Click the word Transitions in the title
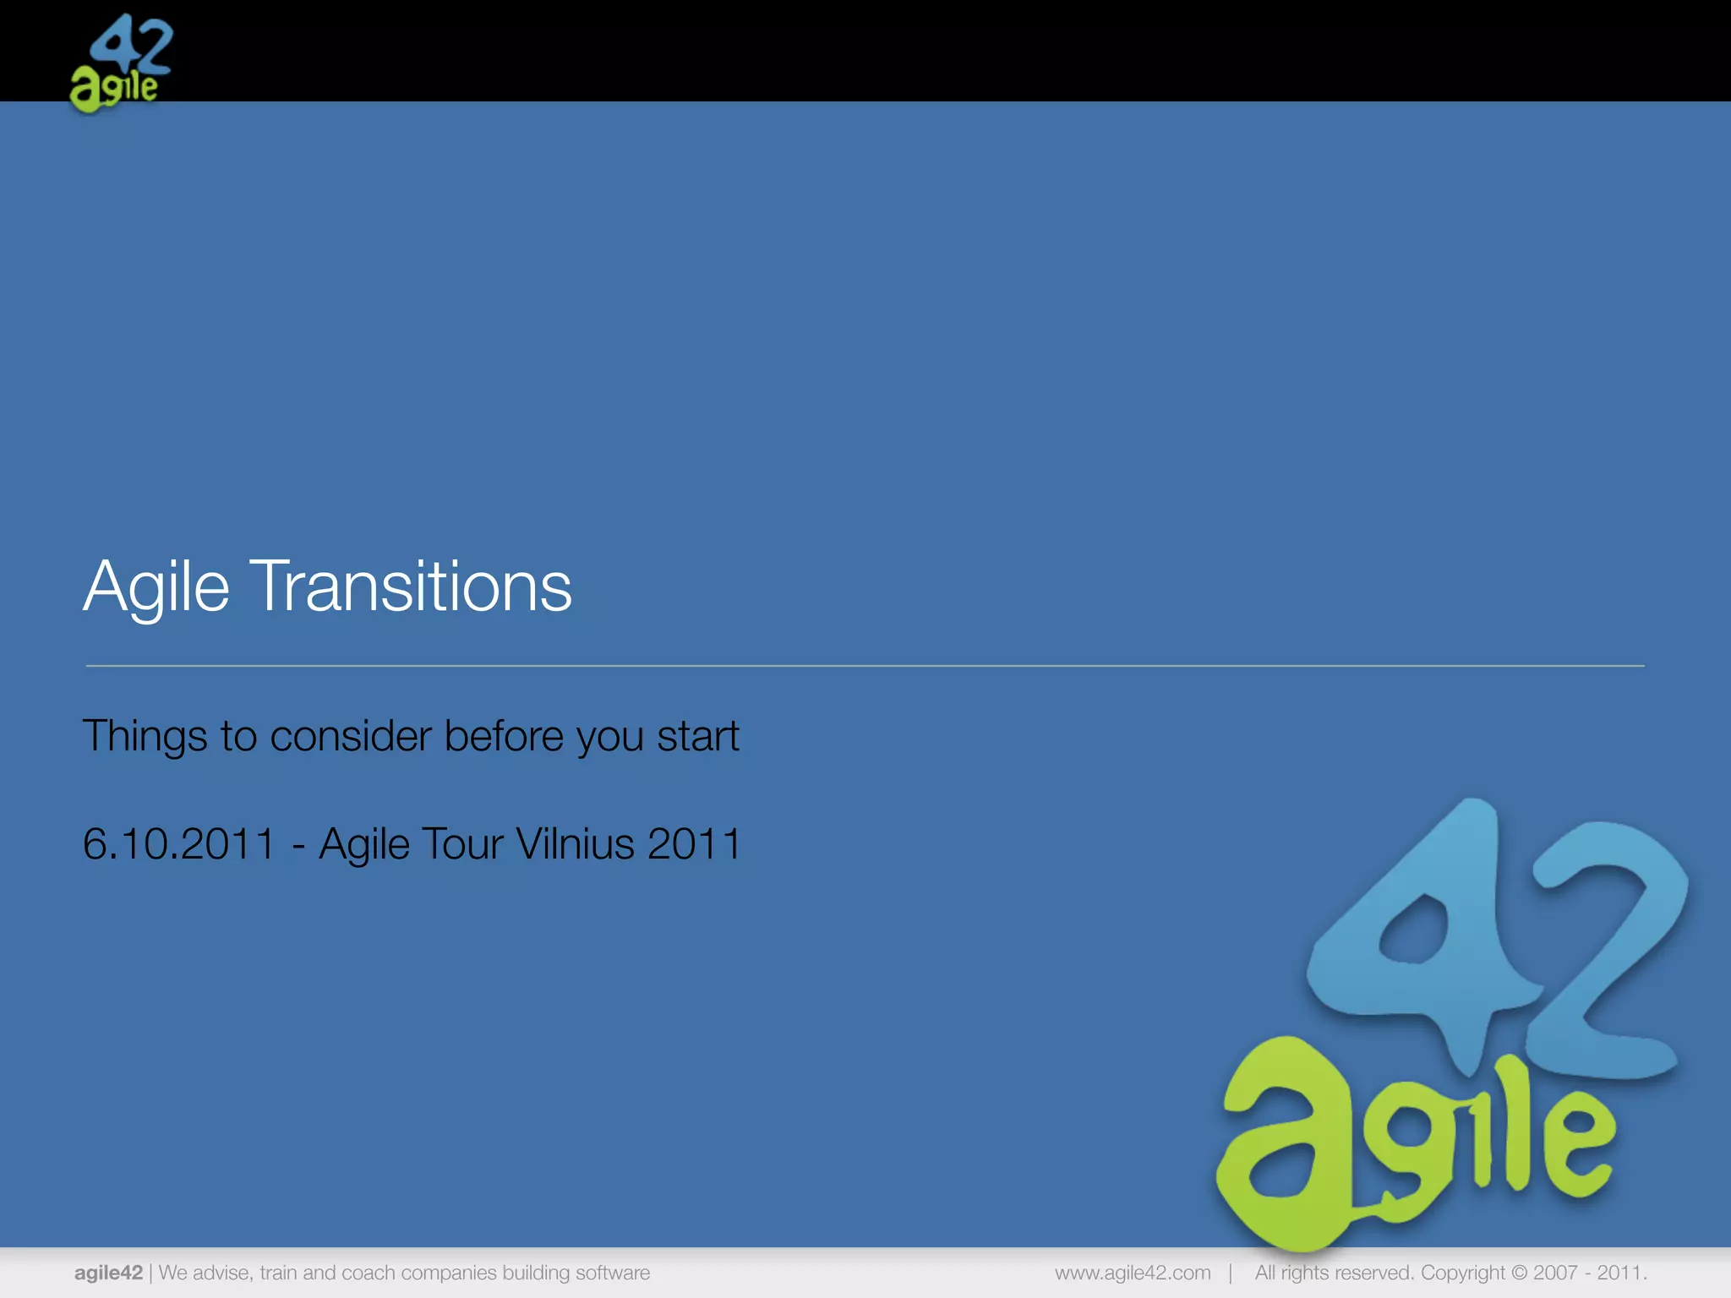(412, 586)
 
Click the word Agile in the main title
(156, 586)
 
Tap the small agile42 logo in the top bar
(120, 63)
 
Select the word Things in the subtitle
(145, 736)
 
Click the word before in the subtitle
(504, 736)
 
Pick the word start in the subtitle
(698, 736)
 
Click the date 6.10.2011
(179, 844)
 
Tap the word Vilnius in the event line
(575, 844)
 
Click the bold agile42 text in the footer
(108, 1273)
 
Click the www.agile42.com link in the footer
(1133, 1273)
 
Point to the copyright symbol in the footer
(1519, 1273)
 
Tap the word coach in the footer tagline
(368, 1273)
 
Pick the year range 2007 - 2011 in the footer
(1588, 1273)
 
